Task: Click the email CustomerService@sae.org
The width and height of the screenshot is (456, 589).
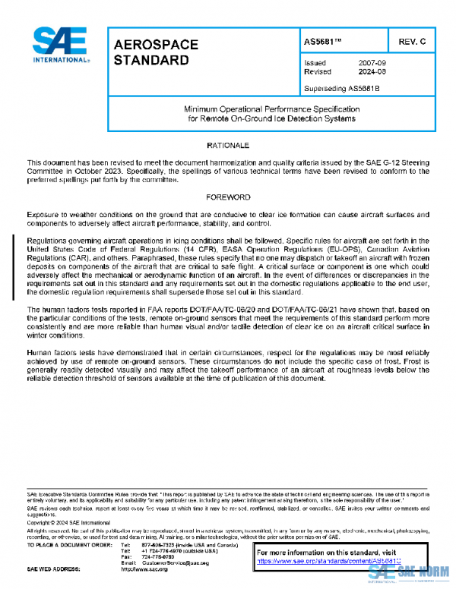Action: (x=175, y=562)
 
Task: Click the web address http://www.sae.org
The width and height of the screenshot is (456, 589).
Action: (x=144, y=569)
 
